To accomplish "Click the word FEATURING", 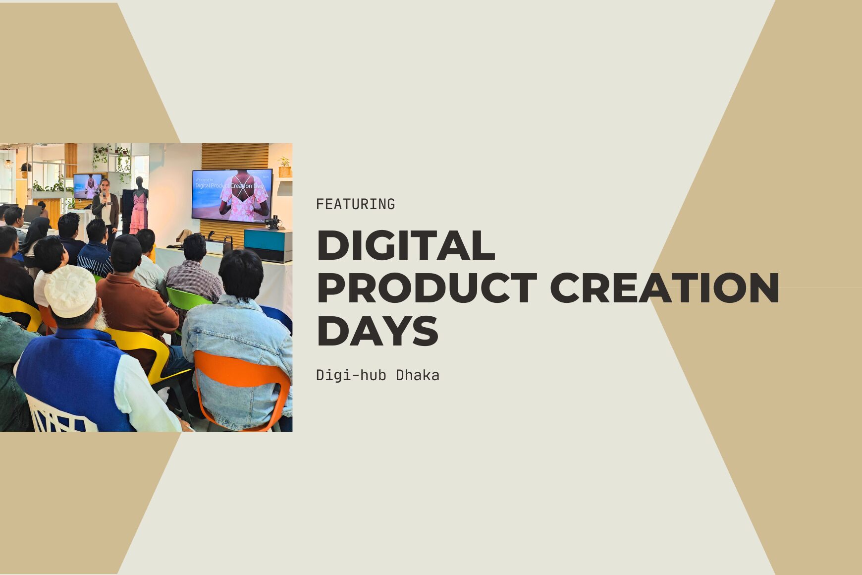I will (x=355, y=204).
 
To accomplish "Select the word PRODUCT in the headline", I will (x=427, y=288).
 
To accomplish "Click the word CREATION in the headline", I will (x=664, y=288).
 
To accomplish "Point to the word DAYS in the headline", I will (x=377, y=331).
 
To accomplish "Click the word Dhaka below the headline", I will (x=417, y=375).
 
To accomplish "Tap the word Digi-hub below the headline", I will (x=351, y=375).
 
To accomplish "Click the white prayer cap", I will (x=70, y=290).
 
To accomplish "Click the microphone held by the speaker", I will (x=105, y=194).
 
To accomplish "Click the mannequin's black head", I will (x=139, y=181).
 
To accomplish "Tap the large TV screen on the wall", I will (x=232, y=195).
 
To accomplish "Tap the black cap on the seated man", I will (x=126, y=251).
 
